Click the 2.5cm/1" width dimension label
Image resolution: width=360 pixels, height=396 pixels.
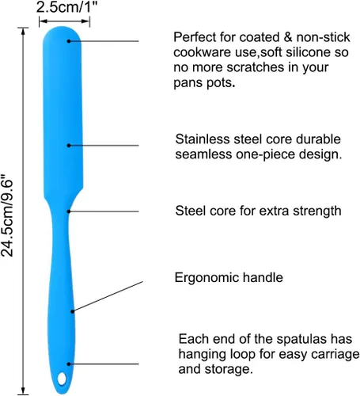[x=66, y=7]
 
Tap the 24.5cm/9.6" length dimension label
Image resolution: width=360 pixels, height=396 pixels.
[x=7, y=215]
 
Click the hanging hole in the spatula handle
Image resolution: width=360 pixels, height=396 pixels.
[x=62, y=379]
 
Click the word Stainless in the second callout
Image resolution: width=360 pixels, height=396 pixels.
[x=203, y=139]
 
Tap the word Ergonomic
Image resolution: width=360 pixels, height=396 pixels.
[x=207, y=278]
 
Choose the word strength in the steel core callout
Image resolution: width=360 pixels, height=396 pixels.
[x=317, y=211]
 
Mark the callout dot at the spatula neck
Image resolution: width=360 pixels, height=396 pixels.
[x=69, y=211]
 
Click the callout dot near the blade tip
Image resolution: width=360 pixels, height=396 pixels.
[x=69, y=41]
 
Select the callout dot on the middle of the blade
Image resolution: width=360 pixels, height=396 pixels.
[x=69, y=146]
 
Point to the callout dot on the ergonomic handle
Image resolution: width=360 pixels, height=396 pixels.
[x=72, y=311]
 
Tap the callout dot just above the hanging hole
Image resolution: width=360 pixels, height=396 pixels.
[x=69, y=364]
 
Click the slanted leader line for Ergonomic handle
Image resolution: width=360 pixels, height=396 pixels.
[x=108, y=296]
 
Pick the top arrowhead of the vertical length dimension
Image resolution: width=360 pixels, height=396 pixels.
[x=23, y=31]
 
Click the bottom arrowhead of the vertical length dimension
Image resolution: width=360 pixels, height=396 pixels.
[x=23, y=391]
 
